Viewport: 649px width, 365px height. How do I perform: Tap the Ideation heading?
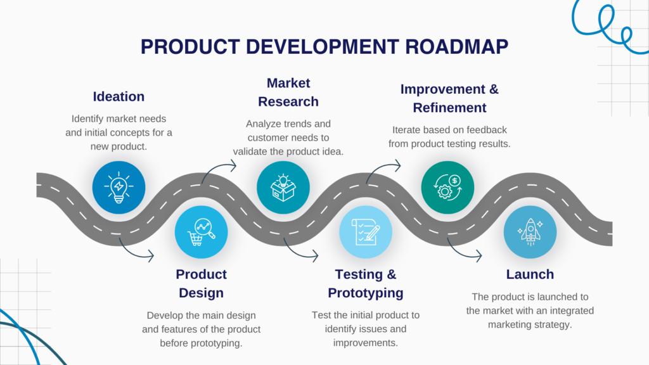[119, 97]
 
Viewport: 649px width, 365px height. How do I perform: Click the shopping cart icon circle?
[201, 232]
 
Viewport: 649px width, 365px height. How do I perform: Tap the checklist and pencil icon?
[366, 232]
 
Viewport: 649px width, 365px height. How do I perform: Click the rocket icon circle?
[530, 232]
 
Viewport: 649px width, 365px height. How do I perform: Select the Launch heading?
[530, 274]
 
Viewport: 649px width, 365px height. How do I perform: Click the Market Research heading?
[283, 93]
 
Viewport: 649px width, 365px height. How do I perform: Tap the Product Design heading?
[201, 283]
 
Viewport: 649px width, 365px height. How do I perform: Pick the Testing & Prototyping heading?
[366, 283]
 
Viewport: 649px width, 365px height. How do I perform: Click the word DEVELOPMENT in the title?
[300, 48]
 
